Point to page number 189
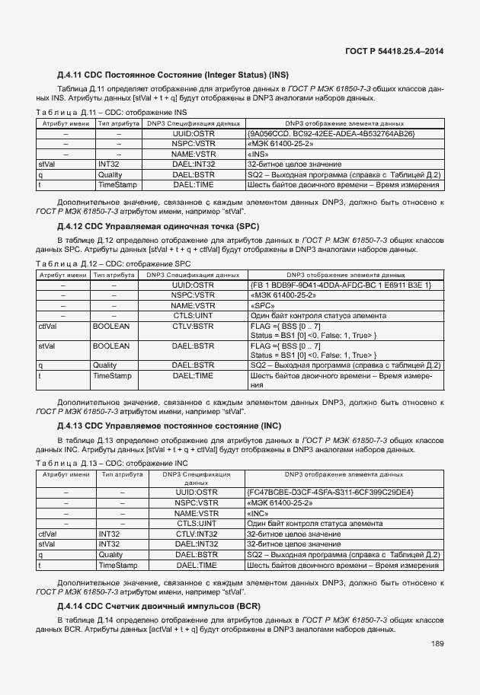[x=437, y=644]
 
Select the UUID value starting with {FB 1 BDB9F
[x=340, y=285]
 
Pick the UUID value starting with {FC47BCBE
[x=330, y=493]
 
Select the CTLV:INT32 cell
[x=197, y=534]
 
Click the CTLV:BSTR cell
[x=194, y=326]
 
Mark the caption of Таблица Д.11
[x=112, y=111]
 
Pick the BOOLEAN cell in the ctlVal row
[x=110, y=326]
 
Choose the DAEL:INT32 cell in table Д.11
[x=194, y=164]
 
